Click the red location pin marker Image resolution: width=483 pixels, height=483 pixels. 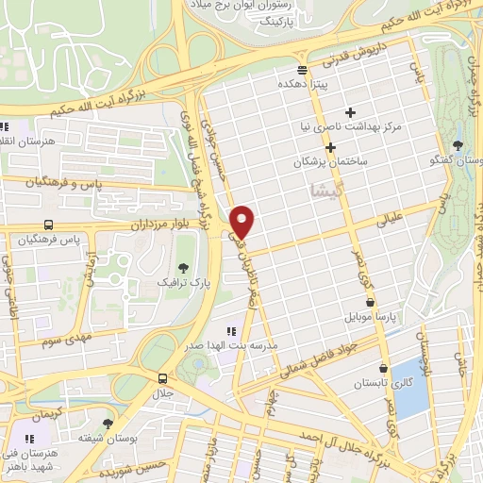(242, 222)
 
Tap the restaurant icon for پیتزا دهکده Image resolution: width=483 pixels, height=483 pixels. (302, 70)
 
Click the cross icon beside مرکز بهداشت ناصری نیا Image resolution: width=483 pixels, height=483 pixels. (350, 112)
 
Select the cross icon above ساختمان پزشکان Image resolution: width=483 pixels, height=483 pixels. (330, 147)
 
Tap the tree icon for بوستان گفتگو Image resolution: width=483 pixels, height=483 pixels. (458, 144)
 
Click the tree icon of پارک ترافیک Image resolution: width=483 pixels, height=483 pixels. (181, 267)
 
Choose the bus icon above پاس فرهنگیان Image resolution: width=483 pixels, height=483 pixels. (47, 225)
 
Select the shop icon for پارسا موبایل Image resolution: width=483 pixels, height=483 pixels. (370, 302)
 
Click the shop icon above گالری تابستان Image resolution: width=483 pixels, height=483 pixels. (382, 369)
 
